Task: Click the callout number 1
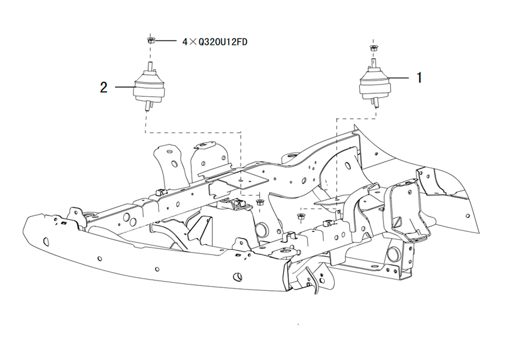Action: tap(419, 78)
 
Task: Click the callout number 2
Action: tap(104, 87)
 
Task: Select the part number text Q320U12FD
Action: tap(223, 42)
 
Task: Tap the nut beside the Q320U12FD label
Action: tap(151, 41)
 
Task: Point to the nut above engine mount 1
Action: tap(373, 48)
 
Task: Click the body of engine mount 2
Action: tap(149, 86)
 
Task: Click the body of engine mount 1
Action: tap(375, 84)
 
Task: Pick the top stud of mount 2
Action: tap(150, 66)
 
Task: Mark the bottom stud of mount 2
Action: tap(147, 106)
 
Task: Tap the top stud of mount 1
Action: tap(373, 63)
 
